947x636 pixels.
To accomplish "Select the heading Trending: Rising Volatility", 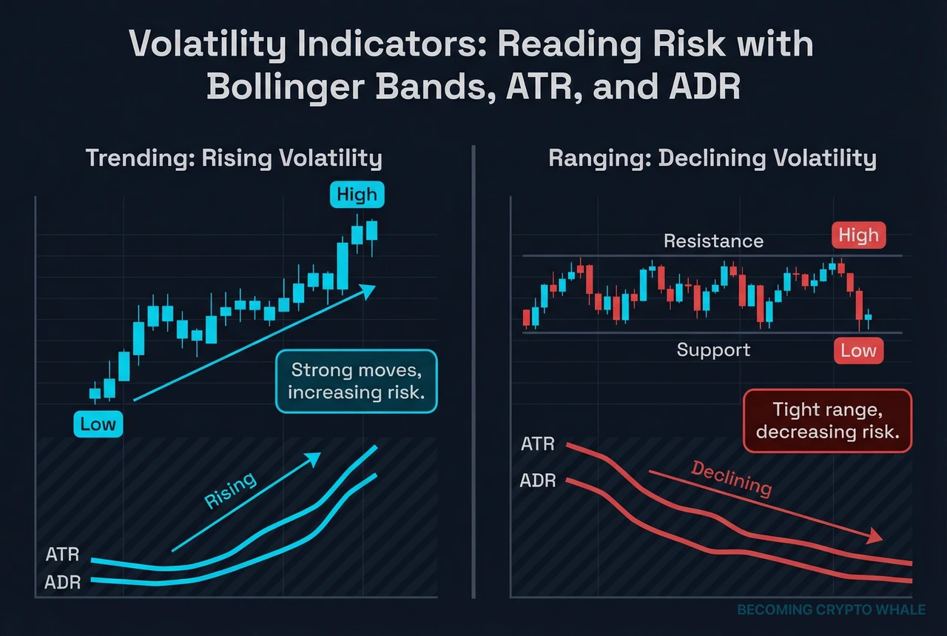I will click(234, 158).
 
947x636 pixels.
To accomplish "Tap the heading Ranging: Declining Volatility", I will click(712, 158).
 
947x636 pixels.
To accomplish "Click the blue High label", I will click(357, 195).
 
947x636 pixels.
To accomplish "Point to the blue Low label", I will click(98, 424).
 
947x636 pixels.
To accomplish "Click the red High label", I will click(858, 235).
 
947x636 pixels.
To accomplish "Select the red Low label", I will click(858, 350).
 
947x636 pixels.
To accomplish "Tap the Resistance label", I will click(713, 241).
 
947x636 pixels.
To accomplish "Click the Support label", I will click(713, 349).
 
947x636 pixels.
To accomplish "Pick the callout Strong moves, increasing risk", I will click(357, 381).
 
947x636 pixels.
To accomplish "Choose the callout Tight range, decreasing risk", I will click(827, 420).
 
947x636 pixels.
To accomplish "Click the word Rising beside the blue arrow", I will click(230, 490).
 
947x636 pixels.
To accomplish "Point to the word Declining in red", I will click(731, 478).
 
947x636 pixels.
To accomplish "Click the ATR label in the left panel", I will click(62, 555).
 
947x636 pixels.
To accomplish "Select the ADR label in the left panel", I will click(62, 582).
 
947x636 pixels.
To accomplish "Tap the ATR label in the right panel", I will click(538, 444).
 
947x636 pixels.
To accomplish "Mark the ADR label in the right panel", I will click(538, 481).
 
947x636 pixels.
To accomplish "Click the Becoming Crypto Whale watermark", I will click(831, 609).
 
